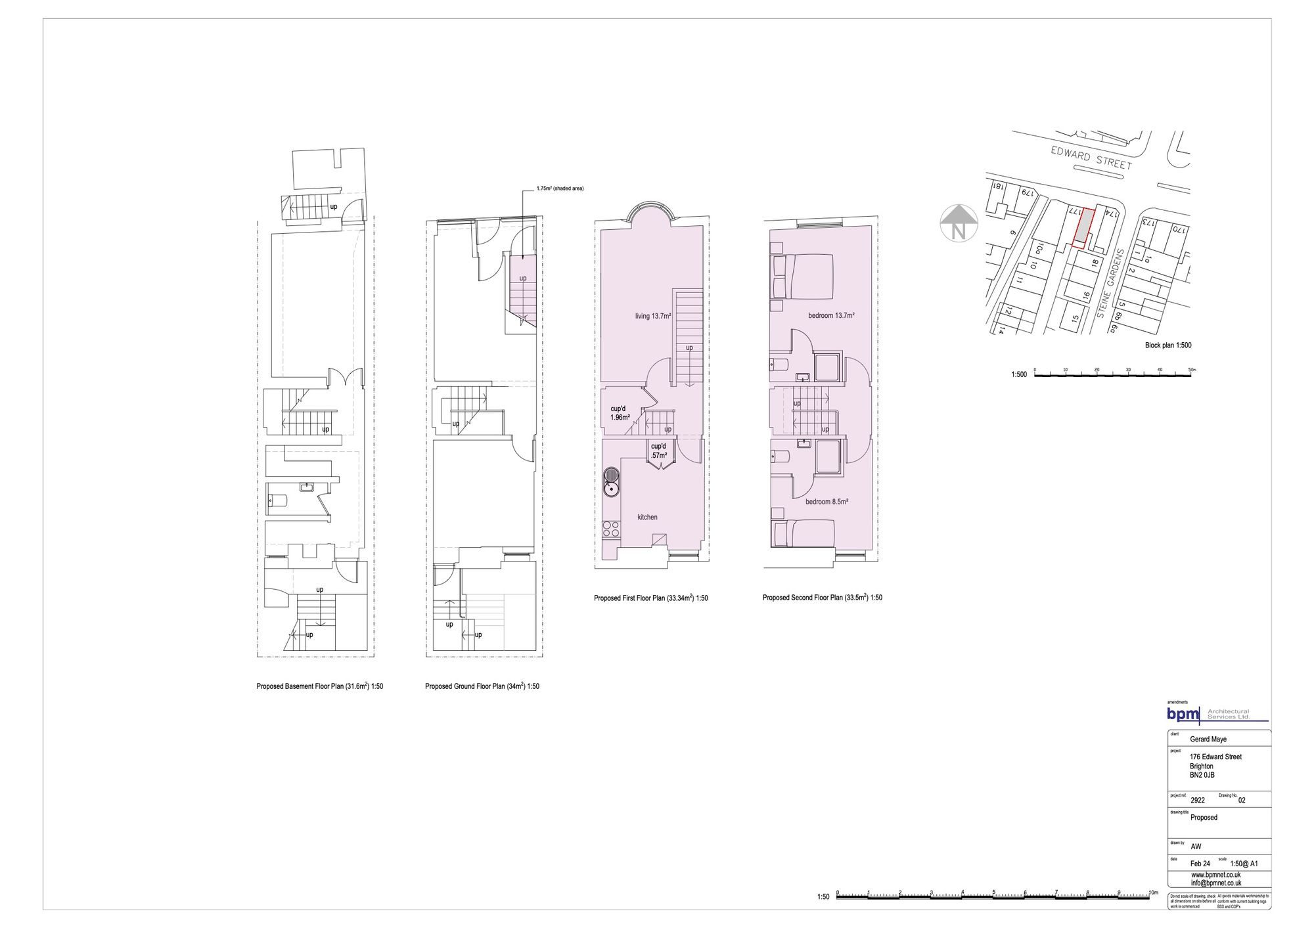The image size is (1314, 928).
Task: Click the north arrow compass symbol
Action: point(958,223)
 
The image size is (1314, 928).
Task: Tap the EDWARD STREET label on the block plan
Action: point(1091,158)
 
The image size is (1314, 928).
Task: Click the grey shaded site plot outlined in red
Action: point(1083,225)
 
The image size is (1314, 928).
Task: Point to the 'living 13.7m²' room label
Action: point(652,316)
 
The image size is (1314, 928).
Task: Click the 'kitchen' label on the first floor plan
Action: point(647,517)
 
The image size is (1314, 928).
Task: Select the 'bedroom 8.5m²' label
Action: point(827,502)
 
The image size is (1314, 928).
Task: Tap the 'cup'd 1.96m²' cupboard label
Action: point(620,412)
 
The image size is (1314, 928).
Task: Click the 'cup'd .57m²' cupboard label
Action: point(658,451)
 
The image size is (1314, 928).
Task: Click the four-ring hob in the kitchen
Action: point(609,529)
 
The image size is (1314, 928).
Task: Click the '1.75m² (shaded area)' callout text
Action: point(559,188)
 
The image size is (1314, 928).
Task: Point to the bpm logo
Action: point(1183,714)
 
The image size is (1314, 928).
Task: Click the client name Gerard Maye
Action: point(1208,740)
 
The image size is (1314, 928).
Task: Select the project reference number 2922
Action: point(1197,801)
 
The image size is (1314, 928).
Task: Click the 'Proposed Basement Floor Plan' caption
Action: point(319,686)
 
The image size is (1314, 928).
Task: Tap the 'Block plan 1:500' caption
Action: point(1167,345)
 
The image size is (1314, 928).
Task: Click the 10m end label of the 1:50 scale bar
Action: point(1153,893)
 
